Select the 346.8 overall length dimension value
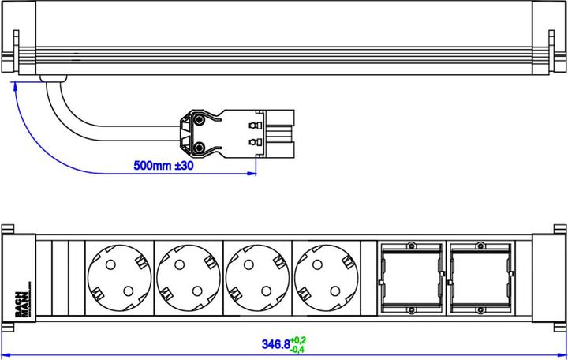pos(275,345)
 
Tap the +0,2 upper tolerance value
pos(298,340)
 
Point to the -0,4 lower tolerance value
pos(298,350)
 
